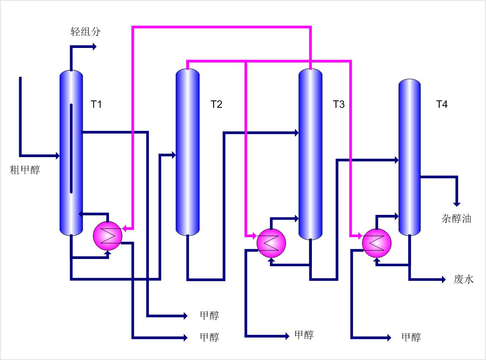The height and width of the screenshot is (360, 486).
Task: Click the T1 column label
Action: click(x=96, y=104)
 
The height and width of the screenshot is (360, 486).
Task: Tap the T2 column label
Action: click(x=216, y=104)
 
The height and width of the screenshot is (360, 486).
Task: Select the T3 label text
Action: click(x=338, y=104)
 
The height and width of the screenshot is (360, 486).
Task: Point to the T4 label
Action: click(x=442, y=104)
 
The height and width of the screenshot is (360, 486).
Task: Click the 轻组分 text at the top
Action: click(x=86, y=31)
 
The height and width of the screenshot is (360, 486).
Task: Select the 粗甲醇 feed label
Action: click(x=25, y=170)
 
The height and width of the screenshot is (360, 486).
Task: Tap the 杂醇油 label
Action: click(x=456, y=219)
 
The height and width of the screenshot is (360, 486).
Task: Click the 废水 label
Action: click(x=464, y=280)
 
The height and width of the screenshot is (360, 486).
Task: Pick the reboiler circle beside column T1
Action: click(x=107, y=235)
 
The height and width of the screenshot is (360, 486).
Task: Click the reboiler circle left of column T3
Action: click(x=271, y=243)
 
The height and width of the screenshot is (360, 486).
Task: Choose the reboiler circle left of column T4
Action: click(x=377, y=243)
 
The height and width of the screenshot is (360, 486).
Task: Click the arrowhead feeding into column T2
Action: click(x=173, y=155)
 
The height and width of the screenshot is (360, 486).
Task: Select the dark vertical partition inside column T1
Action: click(x=71, y=148)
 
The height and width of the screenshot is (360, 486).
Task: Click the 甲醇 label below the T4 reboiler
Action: click(x=411, y=337)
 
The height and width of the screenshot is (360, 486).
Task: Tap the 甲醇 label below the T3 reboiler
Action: click(x=304, y=335)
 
